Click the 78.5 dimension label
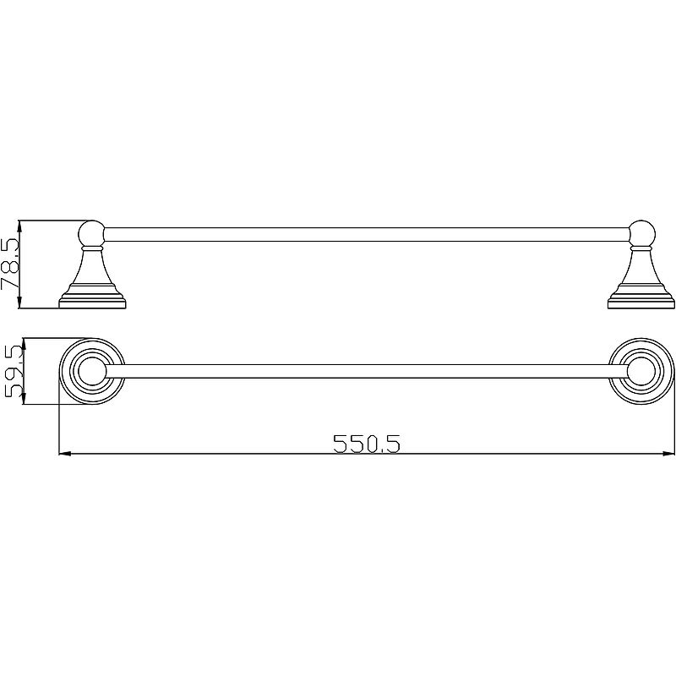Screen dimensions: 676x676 (x=10, y=264)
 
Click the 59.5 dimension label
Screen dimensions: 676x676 (x=13, y=372)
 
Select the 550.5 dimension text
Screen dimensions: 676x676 (x=367, y=443)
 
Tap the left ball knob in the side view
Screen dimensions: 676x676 (x=91, y=234)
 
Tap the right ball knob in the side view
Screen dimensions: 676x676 (x=642, y=234)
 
